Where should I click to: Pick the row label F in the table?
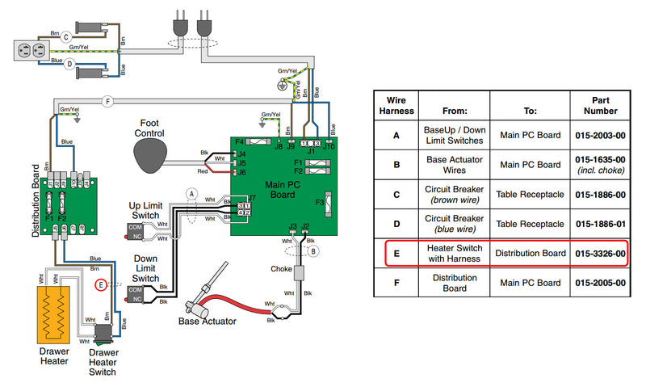click(x=396, y=283)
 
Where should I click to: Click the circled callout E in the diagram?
click(x=101, y=284)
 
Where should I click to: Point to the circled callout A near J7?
click(x=191, y=193)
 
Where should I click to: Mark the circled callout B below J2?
click(x=313, y=250)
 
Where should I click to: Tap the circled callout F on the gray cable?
click(x=107, y=101)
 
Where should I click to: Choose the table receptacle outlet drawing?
click(x=27, y=50)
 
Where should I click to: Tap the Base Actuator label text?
click(x=207, y=321)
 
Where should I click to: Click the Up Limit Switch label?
click(x=151, y=211)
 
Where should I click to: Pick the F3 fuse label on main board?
click(x=319, y=202)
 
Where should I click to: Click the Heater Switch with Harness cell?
click(x=455, y=253)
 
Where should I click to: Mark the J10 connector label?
click(x=329, y=146)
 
